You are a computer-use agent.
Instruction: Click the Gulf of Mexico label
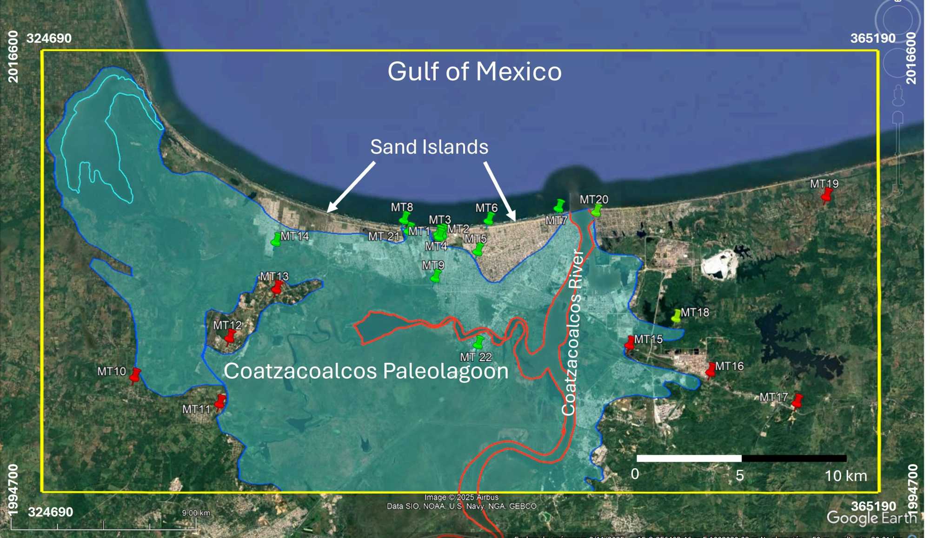pos(474,72)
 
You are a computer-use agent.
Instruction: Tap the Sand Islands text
pos(429,147)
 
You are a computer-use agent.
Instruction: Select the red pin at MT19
pos(826,196)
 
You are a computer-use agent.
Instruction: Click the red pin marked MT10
pos(135,375)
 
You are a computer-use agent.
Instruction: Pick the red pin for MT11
pos(220,401)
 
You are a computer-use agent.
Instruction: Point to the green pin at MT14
pos(276,240)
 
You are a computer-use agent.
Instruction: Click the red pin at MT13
pos(277,287)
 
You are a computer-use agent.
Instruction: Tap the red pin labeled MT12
pos(230,336)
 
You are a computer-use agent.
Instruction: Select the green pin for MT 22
pos(478,343)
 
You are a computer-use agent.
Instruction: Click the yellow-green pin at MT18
pos(676,316)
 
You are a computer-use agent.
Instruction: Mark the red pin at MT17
pos(797,401)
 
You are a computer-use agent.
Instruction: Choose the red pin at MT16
pos(711,370)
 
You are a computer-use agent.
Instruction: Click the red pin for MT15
pos(630,343)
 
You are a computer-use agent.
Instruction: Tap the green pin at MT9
pos(436,276)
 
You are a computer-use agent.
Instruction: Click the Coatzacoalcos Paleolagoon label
pos(366,371)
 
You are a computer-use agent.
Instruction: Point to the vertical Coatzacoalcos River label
pos(571,332)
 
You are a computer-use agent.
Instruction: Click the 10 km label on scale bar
pos(845,476)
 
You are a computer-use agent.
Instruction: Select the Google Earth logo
pos(871,518)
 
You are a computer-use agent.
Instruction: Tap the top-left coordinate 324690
pos(49,38)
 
